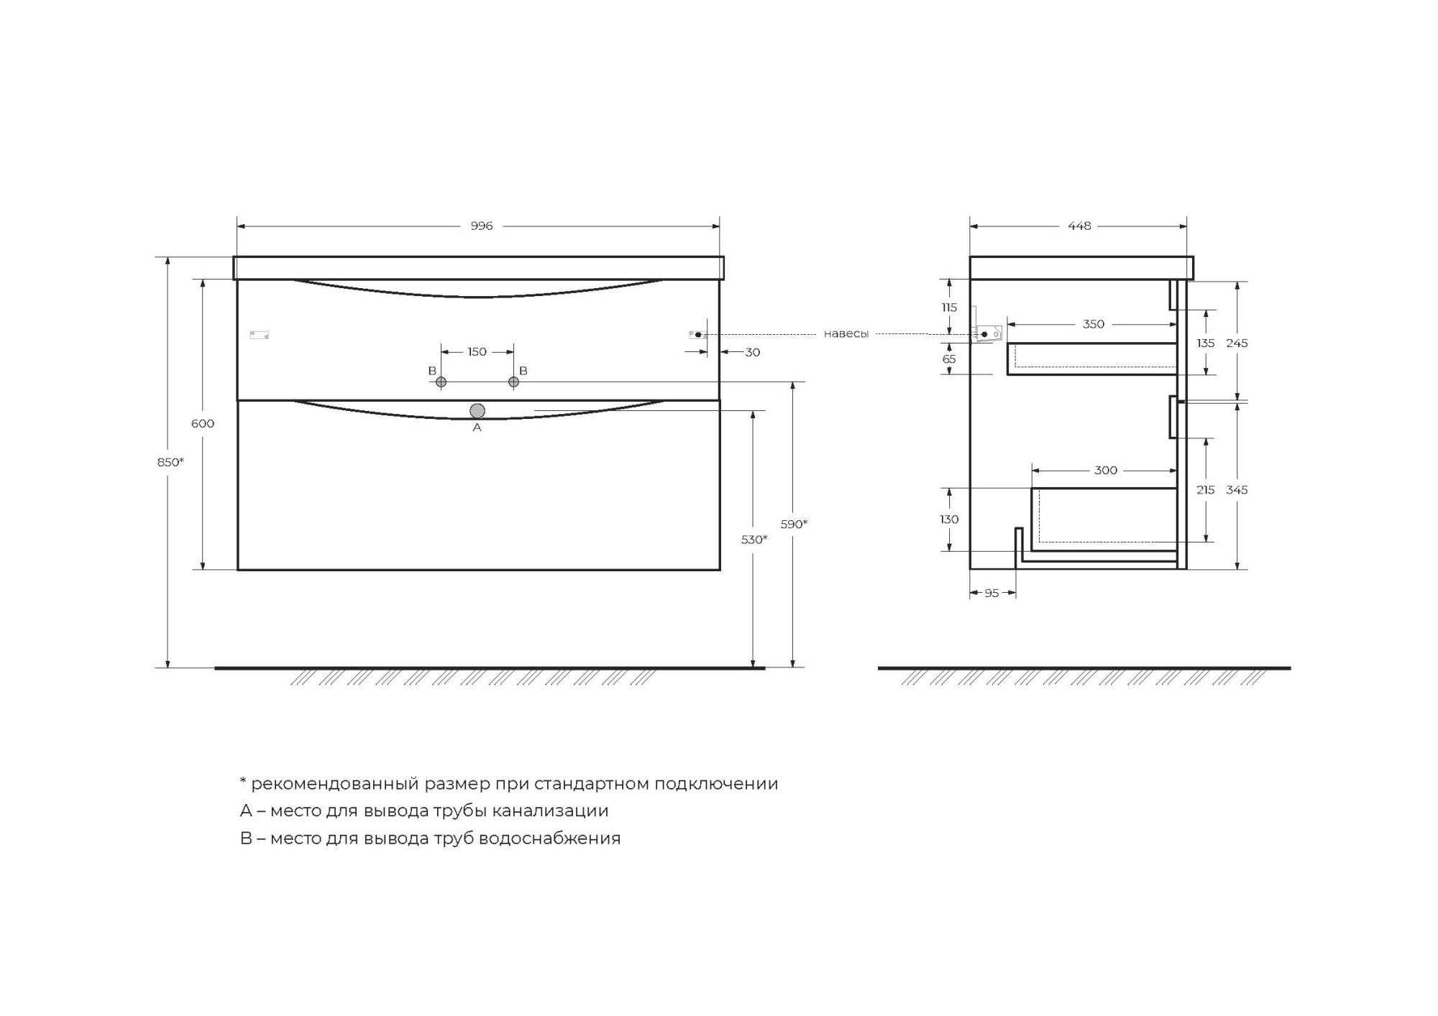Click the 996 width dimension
481,226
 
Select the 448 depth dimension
1078,226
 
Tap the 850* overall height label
170,462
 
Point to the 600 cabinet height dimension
202,423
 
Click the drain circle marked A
477,411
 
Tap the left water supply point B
441,382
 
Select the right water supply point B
513,382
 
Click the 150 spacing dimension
477,351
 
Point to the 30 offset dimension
752,352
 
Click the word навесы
846,334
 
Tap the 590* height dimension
794,524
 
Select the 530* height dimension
754,539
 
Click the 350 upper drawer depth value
1093,324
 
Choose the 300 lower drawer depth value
1105,470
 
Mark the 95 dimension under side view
992,593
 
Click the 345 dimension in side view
1237,489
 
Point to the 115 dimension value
949,308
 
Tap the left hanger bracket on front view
259,335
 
